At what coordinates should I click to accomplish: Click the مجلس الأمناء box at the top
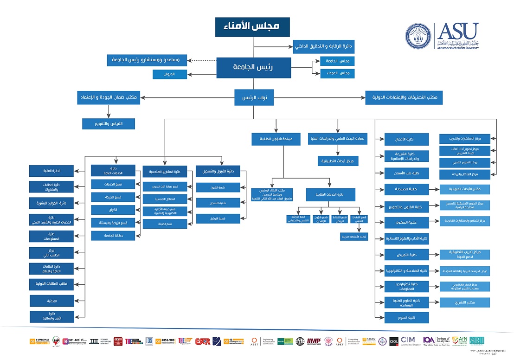[x=253, y=27]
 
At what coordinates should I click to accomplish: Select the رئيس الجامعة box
[x=253, y=67]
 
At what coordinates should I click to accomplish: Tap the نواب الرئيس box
[x=253, y=97]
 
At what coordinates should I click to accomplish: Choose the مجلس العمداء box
[x=337, y=73]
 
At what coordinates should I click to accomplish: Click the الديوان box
[x=170, y=74]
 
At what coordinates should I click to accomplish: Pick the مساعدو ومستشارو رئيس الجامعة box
[x=147, y=60]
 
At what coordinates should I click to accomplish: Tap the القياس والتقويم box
[x=109, y=124]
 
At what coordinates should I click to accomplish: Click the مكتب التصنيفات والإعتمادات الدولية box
[x=404, y=97]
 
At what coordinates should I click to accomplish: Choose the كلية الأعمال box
[x=406, y=139]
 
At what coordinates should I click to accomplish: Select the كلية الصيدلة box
[x=406, y=190]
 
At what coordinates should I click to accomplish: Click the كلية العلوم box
[x=406, y=318]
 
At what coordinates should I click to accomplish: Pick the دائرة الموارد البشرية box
[x=52, y=203]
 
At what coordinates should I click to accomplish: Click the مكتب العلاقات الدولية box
[x=52, y=283]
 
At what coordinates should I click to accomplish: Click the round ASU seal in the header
[x=417, y=36]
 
